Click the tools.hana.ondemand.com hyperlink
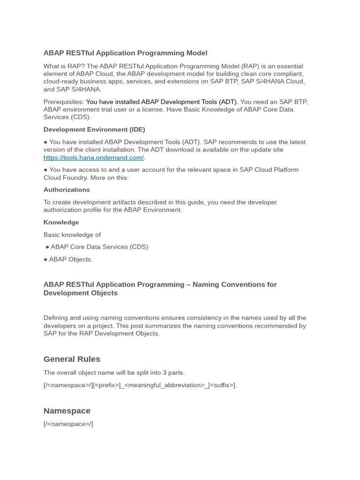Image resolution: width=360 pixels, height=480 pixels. coord(93,157)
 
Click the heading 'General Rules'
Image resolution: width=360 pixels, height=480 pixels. coord(72,359)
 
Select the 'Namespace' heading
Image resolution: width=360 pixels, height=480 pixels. coord(67,411)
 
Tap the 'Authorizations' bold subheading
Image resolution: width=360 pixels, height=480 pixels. coord(67,190)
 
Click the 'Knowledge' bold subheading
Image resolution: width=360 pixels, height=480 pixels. coord(61,222)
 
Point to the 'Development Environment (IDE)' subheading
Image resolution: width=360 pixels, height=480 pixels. coord(94,129)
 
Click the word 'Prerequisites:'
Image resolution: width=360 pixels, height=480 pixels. coord(64,102)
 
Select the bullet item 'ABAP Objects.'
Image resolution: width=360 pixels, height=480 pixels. coord(70,259)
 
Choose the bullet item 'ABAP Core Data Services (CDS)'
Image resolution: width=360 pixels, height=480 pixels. coord(99,247)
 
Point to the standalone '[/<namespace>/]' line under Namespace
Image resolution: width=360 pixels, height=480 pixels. coord(68,424)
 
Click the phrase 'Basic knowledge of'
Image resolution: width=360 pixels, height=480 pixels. coord(72,235)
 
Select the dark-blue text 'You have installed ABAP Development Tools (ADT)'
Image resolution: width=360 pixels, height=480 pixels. coord(161,102)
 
